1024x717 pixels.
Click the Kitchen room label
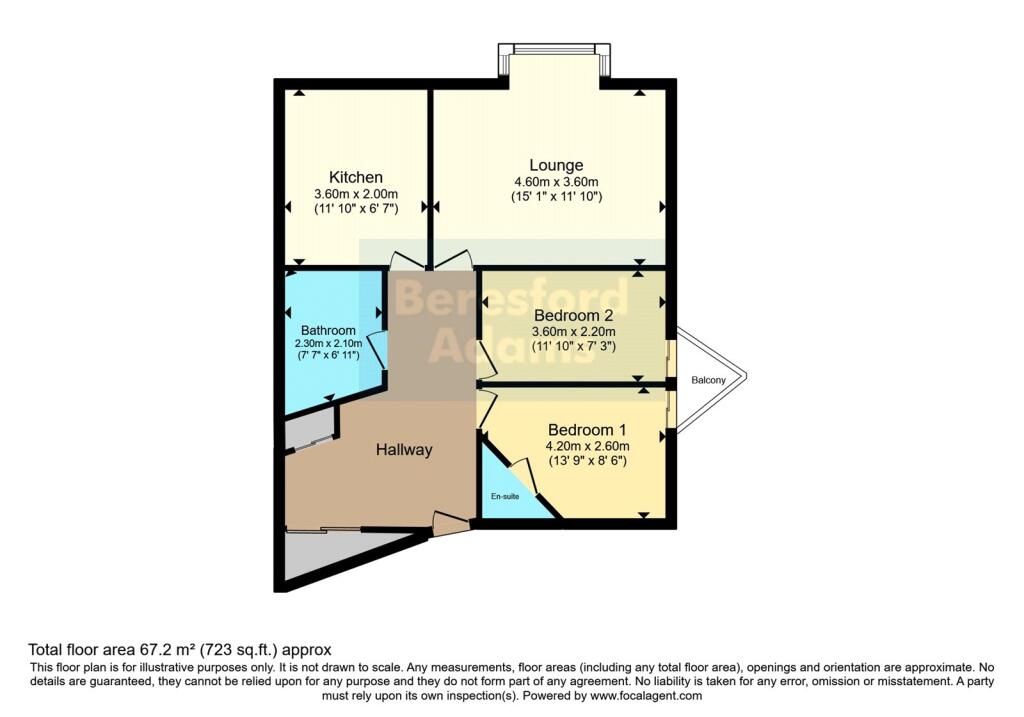click(356, 177)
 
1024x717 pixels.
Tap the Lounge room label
click(556, 165)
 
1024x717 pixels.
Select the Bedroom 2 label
click(573, 314)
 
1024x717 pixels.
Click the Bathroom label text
click(328, 331)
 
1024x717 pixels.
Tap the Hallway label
click(404, 450)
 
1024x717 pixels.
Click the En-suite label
click(504, 496)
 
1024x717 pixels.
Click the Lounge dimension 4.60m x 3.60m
click(556, 181)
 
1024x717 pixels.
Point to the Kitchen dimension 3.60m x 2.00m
click(356, 194)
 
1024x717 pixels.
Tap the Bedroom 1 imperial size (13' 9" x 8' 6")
click(586, 461)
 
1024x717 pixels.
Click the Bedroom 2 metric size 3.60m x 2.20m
click(573, 330)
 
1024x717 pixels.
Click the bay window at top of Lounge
click(554, 49)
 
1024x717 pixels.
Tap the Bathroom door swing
click(377, 350)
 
